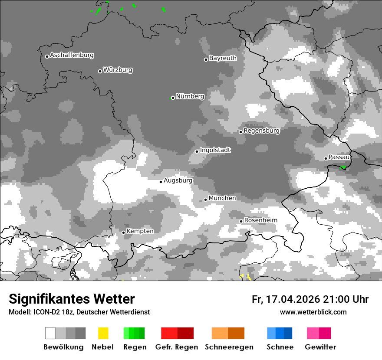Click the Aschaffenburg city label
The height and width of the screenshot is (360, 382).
click(72, 56)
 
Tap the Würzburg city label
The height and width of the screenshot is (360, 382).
click(118, 70)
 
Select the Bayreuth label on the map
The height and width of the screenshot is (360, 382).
click(223, 58)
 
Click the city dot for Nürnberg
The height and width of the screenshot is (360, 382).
click(173, 98)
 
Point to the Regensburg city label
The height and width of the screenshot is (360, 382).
click(261, 131)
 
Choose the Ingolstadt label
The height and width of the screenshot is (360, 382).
click(215, 151)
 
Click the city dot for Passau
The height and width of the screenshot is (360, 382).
click(326, 158)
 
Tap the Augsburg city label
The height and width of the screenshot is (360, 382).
click(178, 180)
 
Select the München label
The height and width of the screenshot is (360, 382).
click(222, 198)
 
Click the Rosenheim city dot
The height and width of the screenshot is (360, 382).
click(241, 222)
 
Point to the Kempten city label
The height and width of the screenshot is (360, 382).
click(140, 231)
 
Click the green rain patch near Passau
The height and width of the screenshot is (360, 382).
click(343, 167)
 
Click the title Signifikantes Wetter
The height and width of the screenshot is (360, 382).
click(72, 299)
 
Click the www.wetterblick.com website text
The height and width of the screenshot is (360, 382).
click(313, 312)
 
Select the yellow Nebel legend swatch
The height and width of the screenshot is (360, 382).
click(103, 333)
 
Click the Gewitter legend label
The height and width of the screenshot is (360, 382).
click(320, 347)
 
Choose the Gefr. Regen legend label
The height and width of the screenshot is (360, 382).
click(177, 347)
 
